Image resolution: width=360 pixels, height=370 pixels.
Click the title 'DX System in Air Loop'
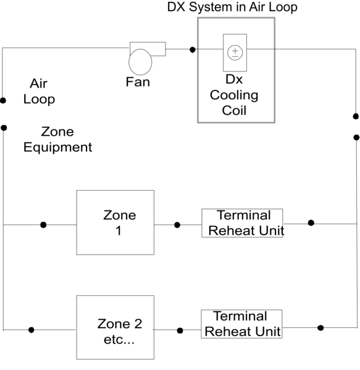(232, 7)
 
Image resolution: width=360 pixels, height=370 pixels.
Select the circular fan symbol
(140, 62)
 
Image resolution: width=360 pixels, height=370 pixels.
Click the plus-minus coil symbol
(235, 52)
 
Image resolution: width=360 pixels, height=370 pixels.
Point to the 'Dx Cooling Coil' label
(234, 96)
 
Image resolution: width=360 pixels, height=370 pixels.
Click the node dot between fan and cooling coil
(193, 49)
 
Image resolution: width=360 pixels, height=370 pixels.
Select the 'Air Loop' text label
(39, 91)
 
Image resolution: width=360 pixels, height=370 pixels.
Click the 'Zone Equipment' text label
(57, 139)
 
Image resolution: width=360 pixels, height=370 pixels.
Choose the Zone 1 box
(115, 222)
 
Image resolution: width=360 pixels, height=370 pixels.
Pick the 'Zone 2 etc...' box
(115, 327)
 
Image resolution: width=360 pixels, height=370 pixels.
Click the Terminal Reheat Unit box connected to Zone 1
(242, 223)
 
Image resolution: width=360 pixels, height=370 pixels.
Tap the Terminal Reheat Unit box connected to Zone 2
(241, 324)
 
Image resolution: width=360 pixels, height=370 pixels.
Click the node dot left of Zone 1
(43, 224)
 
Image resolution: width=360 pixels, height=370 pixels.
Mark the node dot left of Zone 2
(31, 330)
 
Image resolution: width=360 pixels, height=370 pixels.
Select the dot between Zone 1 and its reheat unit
(177, 225)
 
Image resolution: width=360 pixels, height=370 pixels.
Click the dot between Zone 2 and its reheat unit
(180, 331)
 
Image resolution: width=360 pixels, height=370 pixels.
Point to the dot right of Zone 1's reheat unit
(311, 223)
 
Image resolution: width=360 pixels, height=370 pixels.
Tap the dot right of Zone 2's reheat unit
(320, 327)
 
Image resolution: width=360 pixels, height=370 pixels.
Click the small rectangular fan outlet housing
(148, 48)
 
